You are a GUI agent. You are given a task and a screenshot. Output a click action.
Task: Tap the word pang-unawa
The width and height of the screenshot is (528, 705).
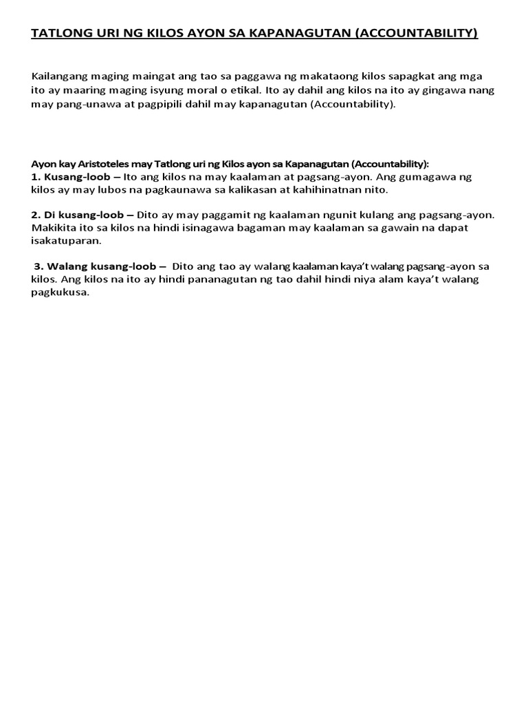tap(85, 105)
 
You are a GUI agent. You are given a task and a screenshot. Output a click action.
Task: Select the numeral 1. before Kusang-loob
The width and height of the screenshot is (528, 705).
tap(36, 177)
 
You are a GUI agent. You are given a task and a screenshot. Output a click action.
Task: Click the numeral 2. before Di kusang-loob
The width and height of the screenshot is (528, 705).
tap(36, 215)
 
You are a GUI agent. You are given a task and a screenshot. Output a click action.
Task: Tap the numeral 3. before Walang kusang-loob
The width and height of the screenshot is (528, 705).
tap(39, 266)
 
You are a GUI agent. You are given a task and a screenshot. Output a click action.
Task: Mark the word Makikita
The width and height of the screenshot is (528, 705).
tap(56, 228)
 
